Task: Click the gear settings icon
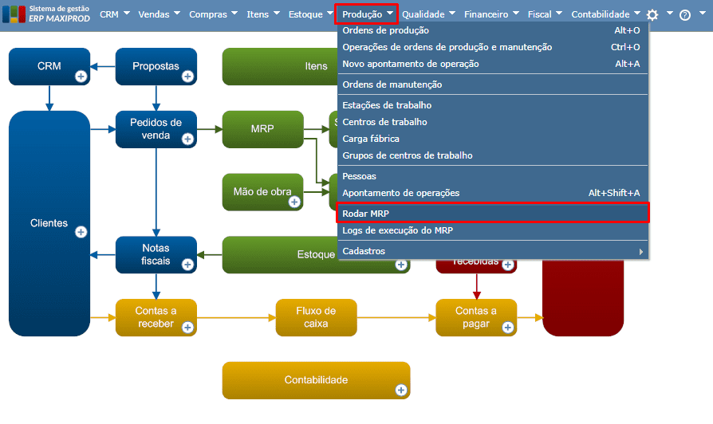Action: (652, 14)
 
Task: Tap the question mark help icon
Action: (684, 15)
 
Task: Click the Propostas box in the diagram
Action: (156, 67)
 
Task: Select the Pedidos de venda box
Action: (156, 128)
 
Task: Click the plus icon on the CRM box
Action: (81, 77)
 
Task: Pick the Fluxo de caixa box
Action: (316, 317)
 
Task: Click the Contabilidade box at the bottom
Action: (316, 380)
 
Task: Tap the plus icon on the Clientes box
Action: (81, 232)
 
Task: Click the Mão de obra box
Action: (262, 191)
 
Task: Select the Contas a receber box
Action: (156, 317)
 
